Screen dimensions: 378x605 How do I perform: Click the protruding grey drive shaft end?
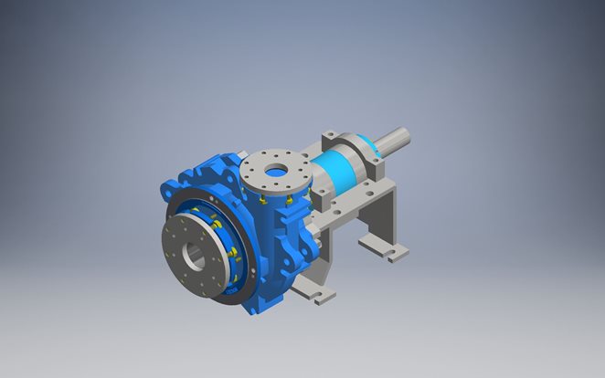pos(394,142)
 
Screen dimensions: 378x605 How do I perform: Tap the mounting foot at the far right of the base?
pos(396,254)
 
